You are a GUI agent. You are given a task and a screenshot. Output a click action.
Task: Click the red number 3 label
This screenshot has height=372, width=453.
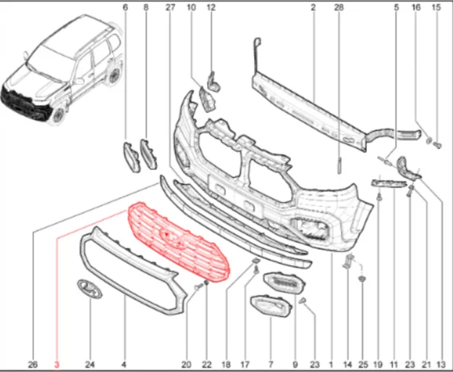57,365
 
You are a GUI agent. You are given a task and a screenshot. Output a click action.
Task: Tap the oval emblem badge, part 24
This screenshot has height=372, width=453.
90,289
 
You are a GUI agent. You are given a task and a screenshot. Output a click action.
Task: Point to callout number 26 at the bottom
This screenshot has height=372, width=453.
33,365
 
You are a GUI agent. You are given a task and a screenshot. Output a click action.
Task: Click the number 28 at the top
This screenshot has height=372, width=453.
339,7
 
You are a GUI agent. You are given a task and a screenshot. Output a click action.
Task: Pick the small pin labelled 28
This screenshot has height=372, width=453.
339,166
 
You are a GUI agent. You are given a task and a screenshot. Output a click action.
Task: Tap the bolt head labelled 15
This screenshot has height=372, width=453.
438,145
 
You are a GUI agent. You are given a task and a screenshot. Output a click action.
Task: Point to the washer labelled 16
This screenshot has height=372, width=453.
429,140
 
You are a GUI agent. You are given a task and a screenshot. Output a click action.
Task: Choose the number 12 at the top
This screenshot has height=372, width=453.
211,7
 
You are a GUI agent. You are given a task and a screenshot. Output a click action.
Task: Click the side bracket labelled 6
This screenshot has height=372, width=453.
132,157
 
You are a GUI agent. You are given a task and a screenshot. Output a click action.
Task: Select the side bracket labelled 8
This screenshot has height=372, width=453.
148,154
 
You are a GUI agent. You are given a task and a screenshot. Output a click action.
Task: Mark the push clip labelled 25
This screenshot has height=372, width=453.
361,279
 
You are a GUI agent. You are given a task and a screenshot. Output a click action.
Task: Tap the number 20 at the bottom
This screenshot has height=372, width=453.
187,365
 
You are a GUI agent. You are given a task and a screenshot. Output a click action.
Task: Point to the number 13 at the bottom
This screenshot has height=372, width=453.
442,365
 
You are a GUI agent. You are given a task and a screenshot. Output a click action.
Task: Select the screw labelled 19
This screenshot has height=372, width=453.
379,198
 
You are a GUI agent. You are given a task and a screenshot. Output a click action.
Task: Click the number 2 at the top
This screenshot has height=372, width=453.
313,7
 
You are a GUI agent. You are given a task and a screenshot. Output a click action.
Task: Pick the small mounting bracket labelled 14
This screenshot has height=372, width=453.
349,261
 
